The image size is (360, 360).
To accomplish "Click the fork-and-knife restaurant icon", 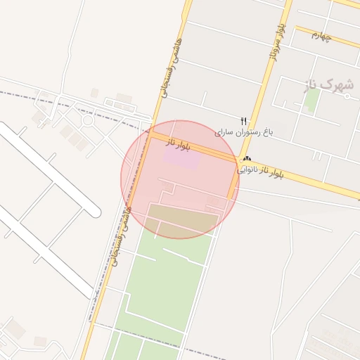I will click(x=244, y=121).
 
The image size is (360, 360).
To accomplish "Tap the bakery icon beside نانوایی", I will click(x=247, y=159).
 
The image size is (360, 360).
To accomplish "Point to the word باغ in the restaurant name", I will click(x=267, y=131).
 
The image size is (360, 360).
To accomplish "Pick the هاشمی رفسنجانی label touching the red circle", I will click(x=119, y=236).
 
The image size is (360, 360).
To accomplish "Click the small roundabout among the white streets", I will click(x=87, y=120).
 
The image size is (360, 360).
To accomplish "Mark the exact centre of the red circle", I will click(x=180, y=180).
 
